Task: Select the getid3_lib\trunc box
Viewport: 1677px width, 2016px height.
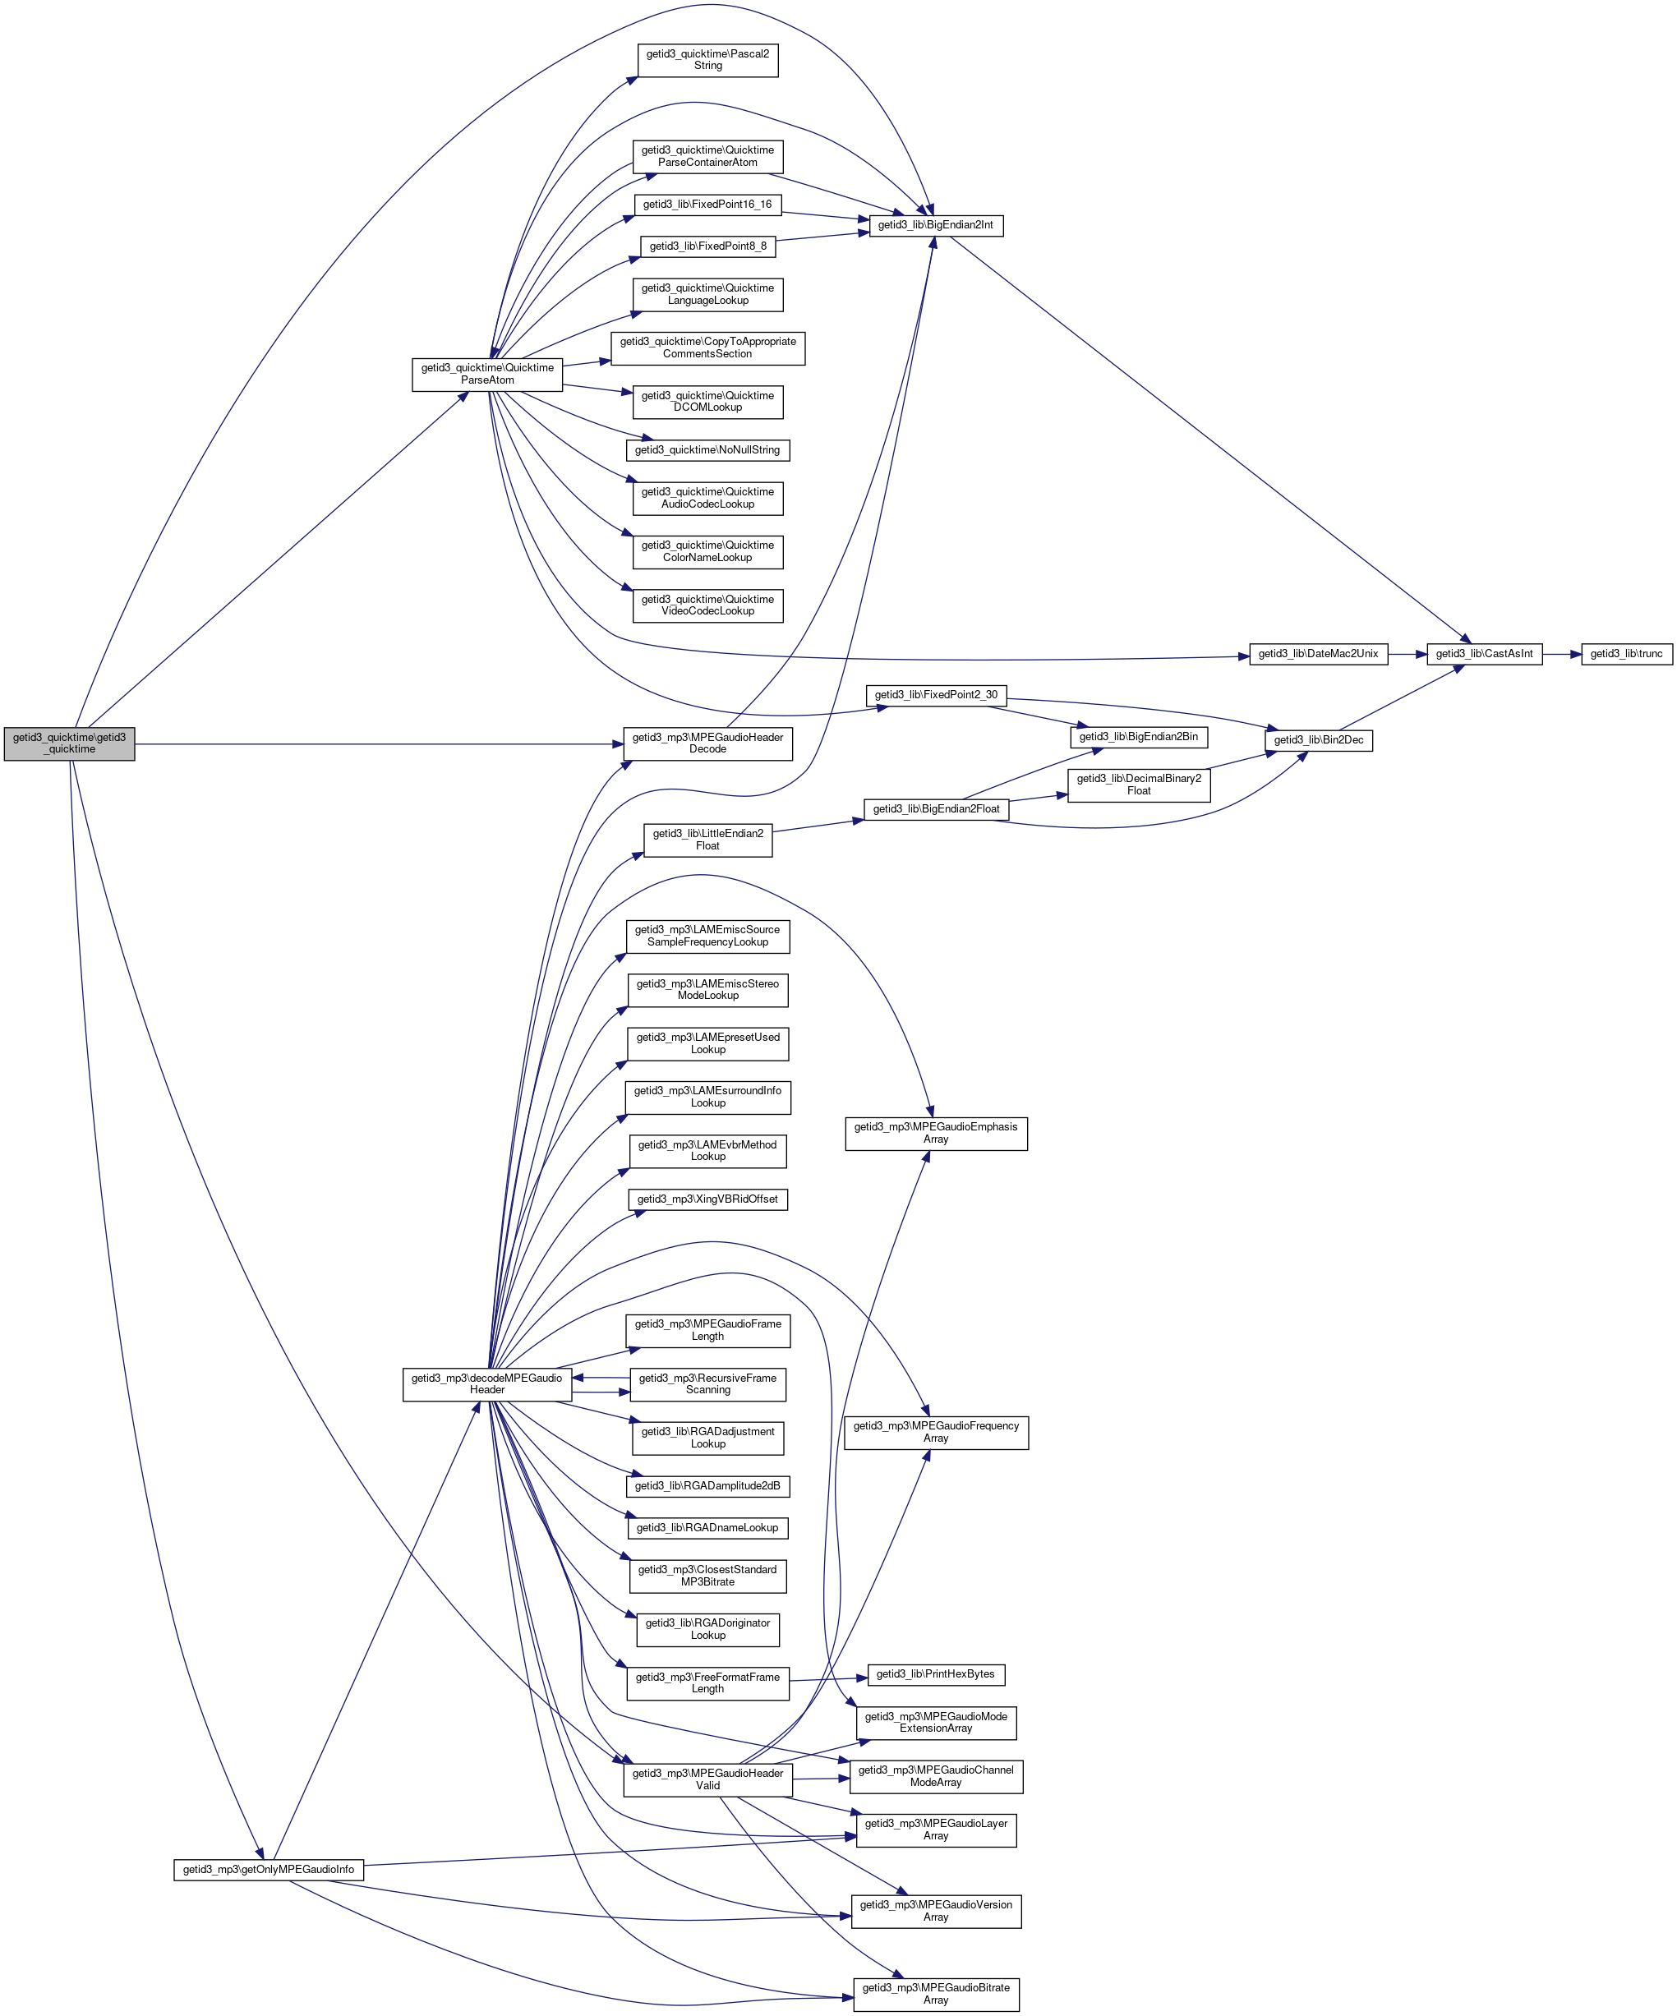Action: pyautogui.click(x=1625, y=654)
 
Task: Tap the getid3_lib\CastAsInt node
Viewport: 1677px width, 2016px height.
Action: pyautogui.click(x=1483, y=654)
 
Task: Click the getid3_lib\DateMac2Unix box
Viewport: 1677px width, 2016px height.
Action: pyautogui.click(x=1317, y=654)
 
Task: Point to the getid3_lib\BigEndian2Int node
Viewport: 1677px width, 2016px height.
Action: pyautogui.click(x=935, y=224)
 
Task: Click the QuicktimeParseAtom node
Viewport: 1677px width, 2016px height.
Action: pyautogui.click(x=486, y=374)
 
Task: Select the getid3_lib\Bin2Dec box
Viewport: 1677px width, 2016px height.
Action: pyautogui.click(x=1318, y=740)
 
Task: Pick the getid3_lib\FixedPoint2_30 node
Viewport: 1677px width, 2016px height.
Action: pyautogui.click(x=935, y=694)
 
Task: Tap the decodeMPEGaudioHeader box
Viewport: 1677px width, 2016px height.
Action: pyautogui.click(x=486, y=1383)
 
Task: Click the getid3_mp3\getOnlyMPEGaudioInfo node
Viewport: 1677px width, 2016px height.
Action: pyautogui.click(x=268, y=1869)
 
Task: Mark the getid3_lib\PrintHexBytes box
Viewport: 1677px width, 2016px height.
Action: pyautogui.click(x=935, y=1674)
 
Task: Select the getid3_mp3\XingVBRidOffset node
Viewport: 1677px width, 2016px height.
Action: pyautogui.click(x=707, y=1199)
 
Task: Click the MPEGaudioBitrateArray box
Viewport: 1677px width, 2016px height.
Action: pyautogui.click(x=935, y=1994)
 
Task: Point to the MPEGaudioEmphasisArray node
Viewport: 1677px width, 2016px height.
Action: pyautogui.click(x=935, y=1133)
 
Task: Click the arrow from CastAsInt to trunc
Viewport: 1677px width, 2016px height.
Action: pyautogui.click(x=1561, y=654)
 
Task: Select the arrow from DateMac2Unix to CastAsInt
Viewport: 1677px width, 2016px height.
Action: pyautogui.click(x=1407, y=654)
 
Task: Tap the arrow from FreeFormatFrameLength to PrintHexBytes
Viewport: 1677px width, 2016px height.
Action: pyautogui.click(x=827, y=1678)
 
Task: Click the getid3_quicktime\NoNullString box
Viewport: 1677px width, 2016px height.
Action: pyautogui.click(x=707, y=449)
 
